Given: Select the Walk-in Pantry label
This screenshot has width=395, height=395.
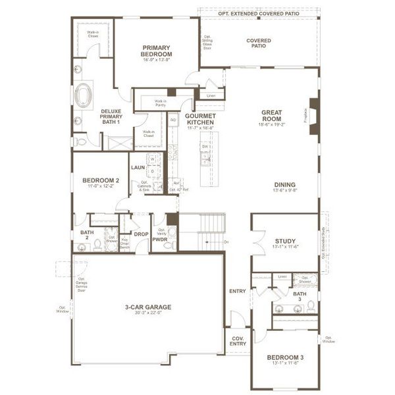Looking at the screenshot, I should pyautogui.click(x=161, y=102).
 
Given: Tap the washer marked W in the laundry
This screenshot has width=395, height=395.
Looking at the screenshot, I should pyautogui.click(x=151, y=159).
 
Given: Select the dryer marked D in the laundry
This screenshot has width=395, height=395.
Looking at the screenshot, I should pyautogui.click(x=153, y=171).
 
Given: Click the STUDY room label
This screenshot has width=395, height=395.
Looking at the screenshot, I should pyautogui.click(x=284, y=241).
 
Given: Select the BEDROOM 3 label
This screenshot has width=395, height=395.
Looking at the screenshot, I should pyautogui.click(x=284, y=358).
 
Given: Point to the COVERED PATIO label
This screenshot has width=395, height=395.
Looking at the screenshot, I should pyautogui.click(x=259, y=43).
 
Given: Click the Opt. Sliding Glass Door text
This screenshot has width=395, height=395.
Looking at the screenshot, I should pyautogui.click(x=207, y=43).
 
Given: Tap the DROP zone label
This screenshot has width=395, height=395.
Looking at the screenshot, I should pyautogui.click(x=141, y=234).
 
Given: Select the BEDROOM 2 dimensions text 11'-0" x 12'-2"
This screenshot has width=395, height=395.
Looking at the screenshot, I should pyautogui.click(x=100, y=186).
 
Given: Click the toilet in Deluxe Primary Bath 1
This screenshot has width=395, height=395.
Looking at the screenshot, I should pyautogui.click(x=78, y=141).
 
